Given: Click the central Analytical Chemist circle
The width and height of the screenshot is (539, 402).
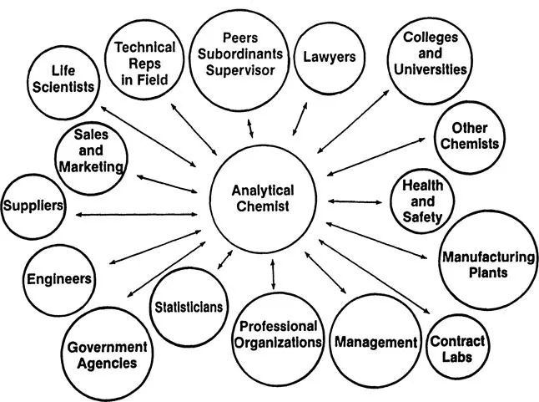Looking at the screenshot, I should [x=262, y=199].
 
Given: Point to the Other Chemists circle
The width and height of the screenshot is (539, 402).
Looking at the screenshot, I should [x=469, y=135].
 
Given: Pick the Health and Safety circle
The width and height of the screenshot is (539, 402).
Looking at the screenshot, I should [x=423, y=202].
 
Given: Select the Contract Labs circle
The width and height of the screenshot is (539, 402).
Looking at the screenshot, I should [x=457, y=348].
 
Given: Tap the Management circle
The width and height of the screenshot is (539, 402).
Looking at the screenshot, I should [x=375, y=343].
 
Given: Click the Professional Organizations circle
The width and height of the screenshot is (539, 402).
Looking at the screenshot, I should [x=277, y=334].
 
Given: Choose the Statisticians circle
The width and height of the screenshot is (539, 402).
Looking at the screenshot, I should [x=188, y=307].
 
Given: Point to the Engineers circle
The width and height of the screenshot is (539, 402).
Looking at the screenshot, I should [x=58, y=278].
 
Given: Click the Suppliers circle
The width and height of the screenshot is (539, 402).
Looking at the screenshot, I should [x=33, y=206].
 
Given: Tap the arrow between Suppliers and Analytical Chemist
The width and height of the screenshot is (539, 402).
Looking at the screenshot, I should [x=137, y=215].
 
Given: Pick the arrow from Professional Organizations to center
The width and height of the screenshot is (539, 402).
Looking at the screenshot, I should [x=272, y=274].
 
